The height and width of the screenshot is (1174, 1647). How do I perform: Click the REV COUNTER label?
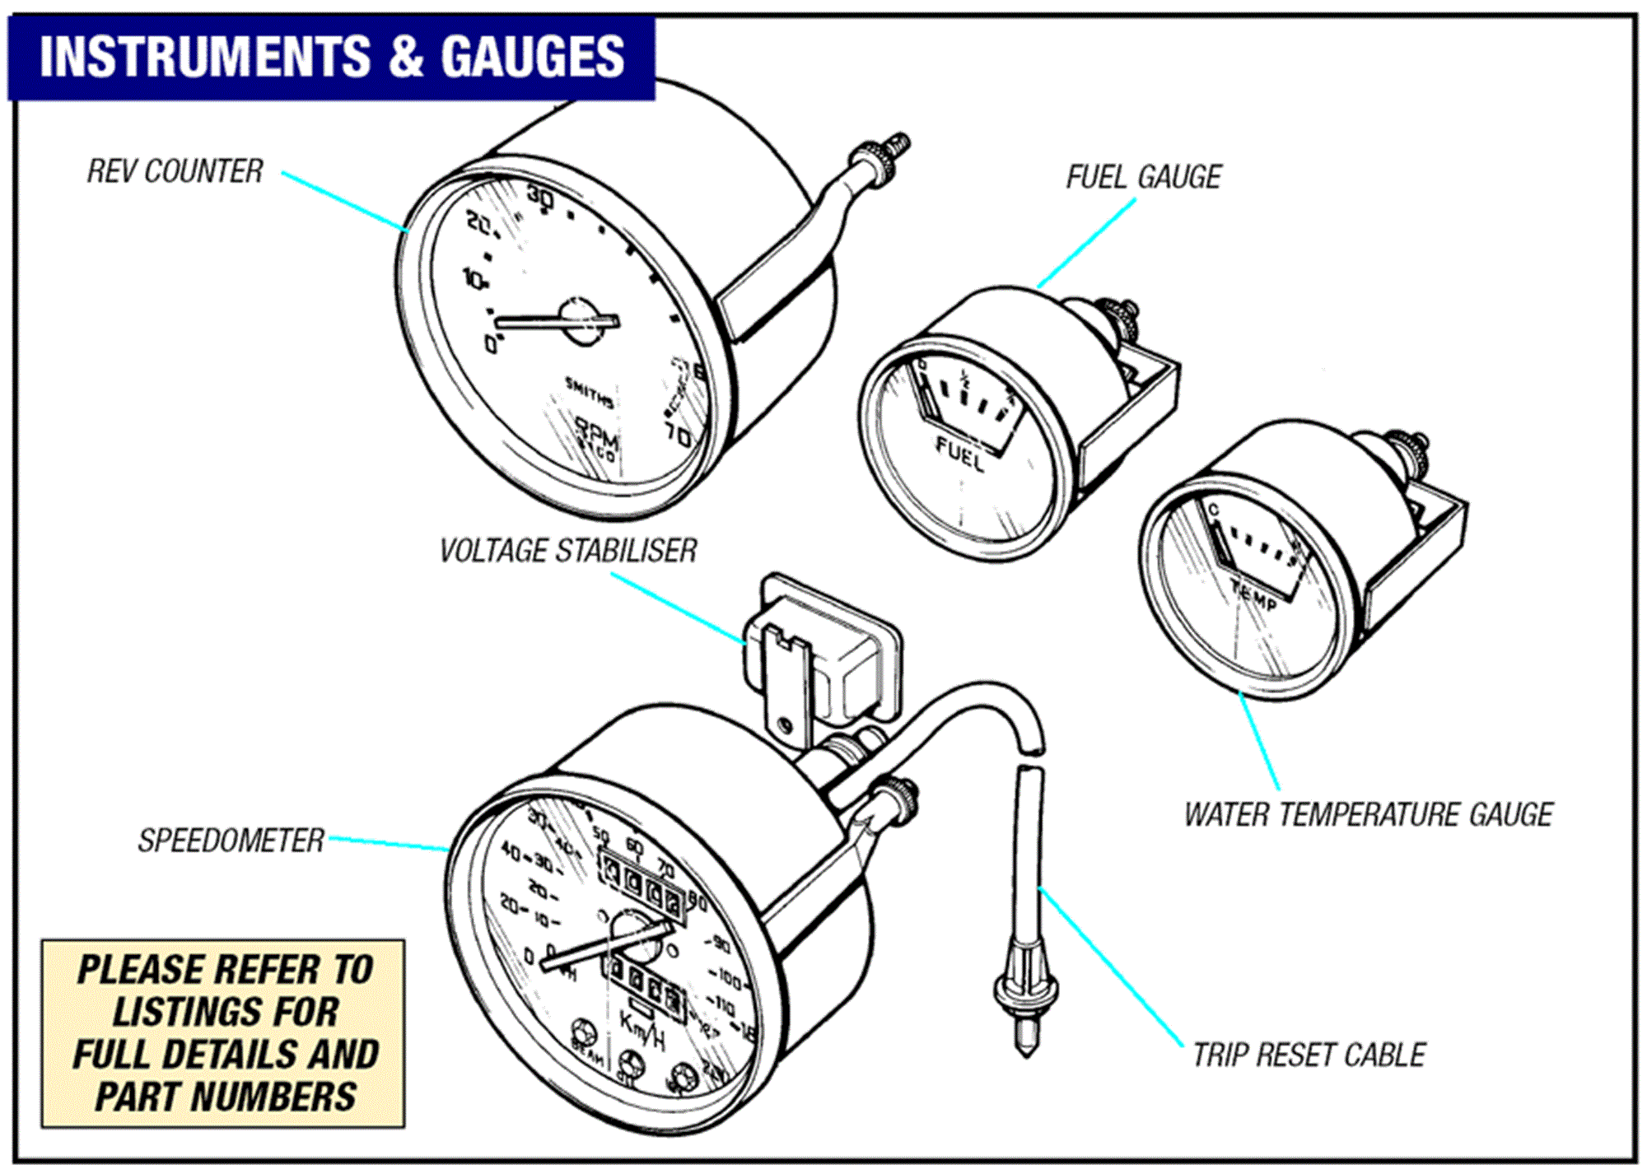(175, 171)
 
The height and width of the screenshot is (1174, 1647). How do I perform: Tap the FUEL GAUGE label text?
(1143, 177)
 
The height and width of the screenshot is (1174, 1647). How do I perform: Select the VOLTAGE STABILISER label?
(567, 551)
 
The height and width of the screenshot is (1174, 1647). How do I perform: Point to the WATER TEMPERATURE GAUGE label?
(1368, 814)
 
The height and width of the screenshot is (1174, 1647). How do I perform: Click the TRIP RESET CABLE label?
(1309, 1055)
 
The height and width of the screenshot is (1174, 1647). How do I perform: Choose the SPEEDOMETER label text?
(231, 841)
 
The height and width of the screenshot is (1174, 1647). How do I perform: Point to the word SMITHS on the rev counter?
(589, 393)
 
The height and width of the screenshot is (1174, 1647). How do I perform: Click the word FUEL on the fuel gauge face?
(960, 454)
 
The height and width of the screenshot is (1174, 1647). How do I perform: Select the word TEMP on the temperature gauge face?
(1253, 594)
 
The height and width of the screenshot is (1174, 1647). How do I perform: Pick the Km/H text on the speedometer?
(642, 1030)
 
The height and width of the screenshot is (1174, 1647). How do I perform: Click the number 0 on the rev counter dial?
(491, 343)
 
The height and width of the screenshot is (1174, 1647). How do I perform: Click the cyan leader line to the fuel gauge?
(1087, 243)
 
